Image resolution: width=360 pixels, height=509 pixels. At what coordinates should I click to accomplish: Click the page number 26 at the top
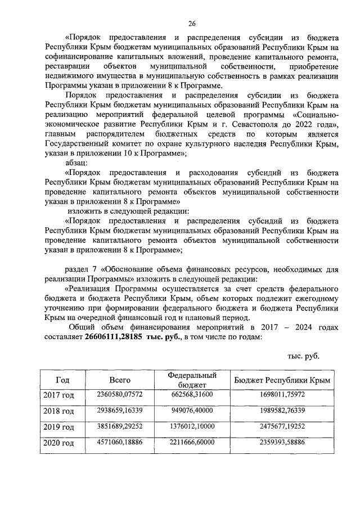point(191,23)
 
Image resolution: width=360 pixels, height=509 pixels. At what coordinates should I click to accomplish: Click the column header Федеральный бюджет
point(192,380)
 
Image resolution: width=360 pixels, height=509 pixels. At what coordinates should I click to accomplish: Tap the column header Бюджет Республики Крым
point(282,380)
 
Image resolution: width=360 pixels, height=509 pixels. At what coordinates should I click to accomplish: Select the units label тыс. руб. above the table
point(303,356)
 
